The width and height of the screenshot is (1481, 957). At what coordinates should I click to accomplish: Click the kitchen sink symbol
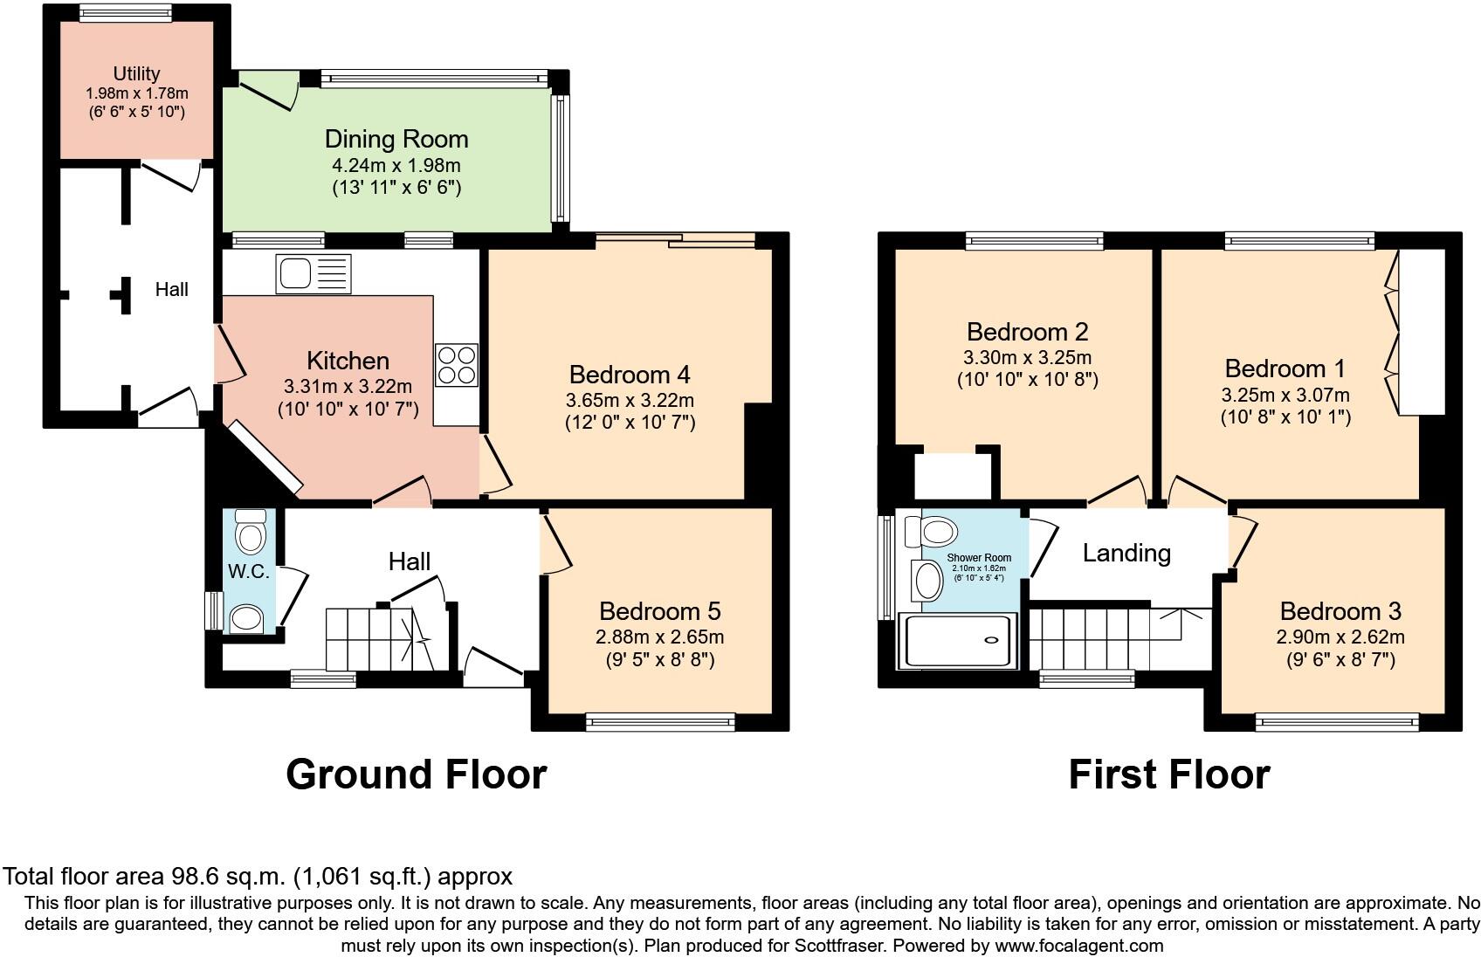click(x=314, y=273)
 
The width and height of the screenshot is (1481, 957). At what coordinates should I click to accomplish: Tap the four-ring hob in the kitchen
click(x=456, y=365)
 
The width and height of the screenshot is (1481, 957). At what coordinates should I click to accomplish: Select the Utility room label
click(x=137, y=73)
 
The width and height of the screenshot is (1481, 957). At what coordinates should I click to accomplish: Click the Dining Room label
click(x=396, y=139)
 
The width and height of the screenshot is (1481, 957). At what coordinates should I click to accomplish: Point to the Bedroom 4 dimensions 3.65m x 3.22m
click(x=630, y=400)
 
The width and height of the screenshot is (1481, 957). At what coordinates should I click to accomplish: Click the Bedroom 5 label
click(x=660, y=611)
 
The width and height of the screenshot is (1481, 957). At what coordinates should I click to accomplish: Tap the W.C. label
click(x=249, y=572)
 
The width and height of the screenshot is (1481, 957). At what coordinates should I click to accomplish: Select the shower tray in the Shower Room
click(x=958, y=640)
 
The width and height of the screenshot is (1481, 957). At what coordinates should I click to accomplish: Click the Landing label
click(x=1126, y=554)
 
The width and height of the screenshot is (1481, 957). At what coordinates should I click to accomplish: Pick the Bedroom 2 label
click(x=1028, y=332)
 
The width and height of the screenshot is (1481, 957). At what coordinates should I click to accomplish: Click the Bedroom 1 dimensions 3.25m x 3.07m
click(x=1285, y=396)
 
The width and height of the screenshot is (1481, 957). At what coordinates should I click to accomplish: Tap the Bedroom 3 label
click(x=1340, y=611)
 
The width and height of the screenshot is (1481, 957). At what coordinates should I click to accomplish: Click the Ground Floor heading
click(x=417, y=775)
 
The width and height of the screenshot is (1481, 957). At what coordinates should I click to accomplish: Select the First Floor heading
click(x=1169, y=775)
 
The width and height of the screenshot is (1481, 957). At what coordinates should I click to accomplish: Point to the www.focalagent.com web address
click(x=1079, y=946)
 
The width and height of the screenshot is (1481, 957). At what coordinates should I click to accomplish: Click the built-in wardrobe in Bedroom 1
click(x=1421, y=333)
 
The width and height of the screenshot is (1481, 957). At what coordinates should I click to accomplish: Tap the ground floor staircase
click(x=380, y=639)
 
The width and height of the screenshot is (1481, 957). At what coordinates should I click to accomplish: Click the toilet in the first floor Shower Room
click(x=932, y=531)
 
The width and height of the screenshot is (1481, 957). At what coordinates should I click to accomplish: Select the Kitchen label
click(x=348, y=361)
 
